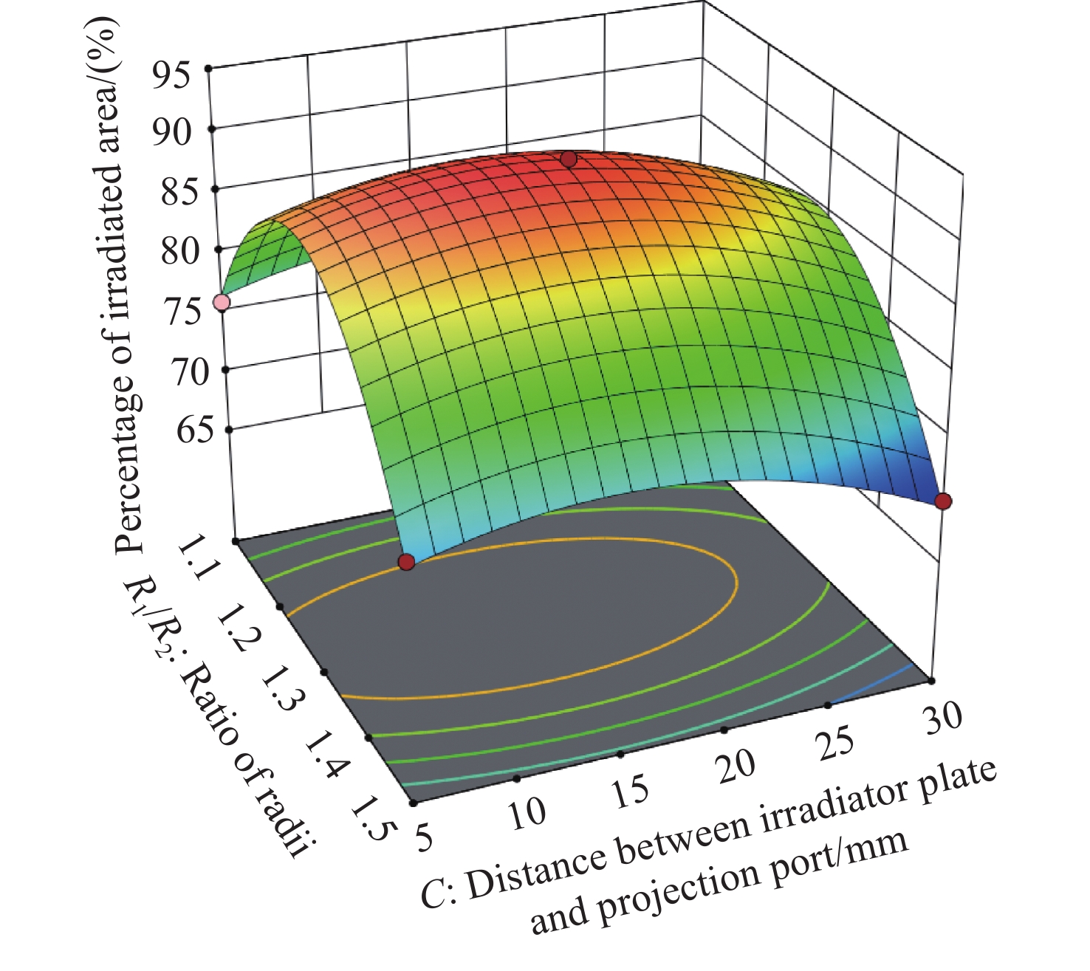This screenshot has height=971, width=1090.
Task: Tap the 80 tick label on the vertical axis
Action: click(x=180, y=251)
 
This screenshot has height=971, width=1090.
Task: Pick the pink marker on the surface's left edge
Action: click(x=221, y=303)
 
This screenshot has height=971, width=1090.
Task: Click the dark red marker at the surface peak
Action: click(x=568, y=159)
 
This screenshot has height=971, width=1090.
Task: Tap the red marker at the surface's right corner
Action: click(x=943, y=501)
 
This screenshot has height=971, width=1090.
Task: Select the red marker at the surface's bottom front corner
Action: click(x=406, y=563)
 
